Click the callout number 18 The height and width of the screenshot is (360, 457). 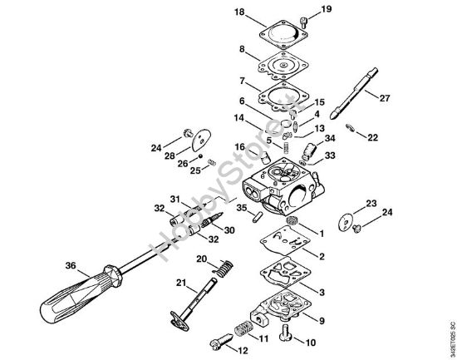(217, 13)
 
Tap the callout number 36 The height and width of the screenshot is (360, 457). (69, 266)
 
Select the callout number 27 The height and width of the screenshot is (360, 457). (384, 97)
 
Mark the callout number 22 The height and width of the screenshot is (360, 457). (372, 137)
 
